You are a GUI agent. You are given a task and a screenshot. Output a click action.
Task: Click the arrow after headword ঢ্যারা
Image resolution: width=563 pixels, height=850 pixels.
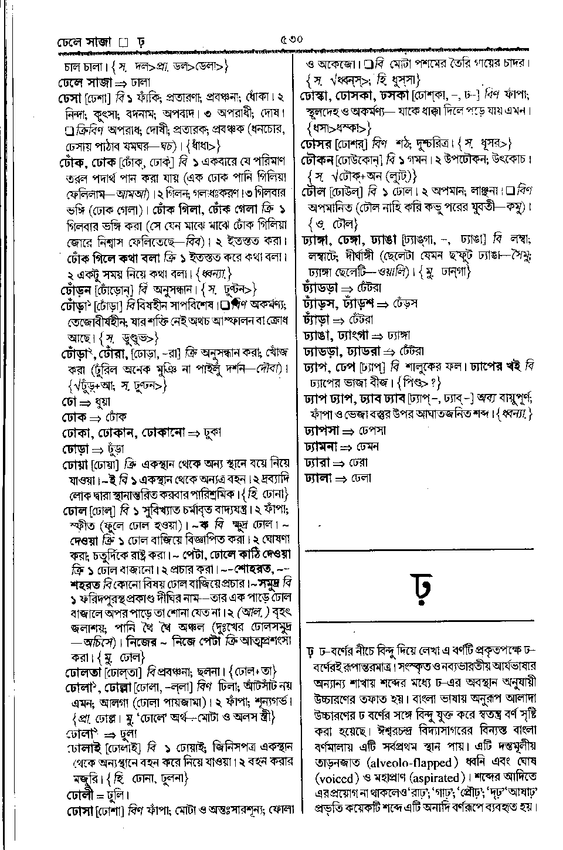click(x=340, y=463)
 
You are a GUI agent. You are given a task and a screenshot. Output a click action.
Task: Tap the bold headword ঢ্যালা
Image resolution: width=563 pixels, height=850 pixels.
click(x=317, y=478)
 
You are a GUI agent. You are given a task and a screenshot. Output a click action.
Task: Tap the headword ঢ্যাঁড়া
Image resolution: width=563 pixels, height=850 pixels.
click(x=317, y=320)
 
